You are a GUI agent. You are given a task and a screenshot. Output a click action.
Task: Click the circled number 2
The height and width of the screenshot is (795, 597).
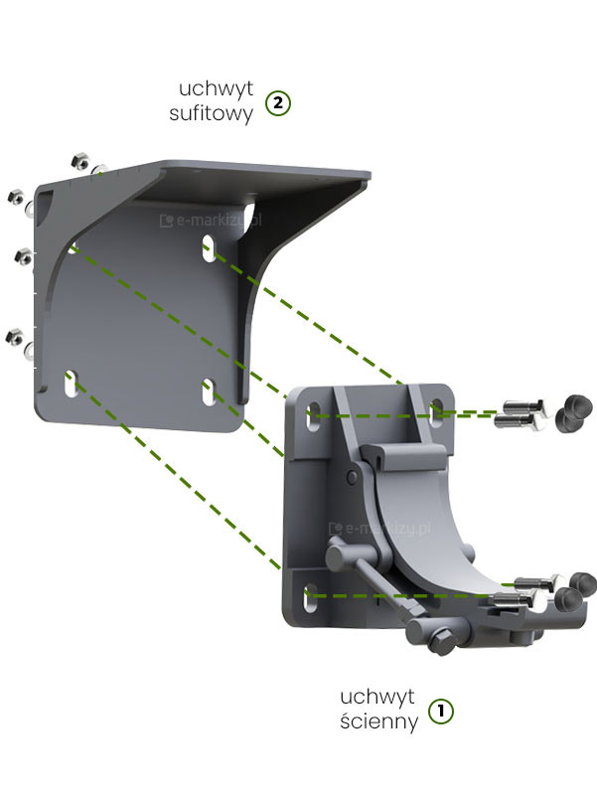click(278, 103)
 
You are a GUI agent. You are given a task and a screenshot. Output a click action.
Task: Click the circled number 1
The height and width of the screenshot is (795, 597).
click(441, 711)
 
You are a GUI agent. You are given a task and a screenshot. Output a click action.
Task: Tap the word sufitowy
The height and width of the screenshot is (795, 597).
click(211, 113)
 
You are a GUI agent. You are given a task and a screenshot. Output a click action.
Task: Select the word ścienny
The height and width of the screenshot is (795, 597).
click(379, 721)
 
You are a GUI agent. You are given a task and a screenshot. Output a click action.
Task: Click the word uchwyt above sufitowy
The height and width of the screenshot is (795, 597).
click(216, 88)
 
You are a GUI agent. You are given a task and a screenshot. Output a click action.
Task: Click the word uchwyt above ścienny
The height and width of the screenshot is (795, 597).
click(377, 697)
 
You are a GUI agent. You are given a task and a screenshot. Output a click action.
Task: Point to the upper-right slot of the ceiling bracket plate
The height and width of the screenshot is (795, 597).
click(209, 247)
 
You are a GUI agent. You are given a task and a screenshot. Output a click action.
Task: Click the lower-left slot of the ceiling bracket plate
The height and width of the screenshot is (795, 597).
click(71, 384)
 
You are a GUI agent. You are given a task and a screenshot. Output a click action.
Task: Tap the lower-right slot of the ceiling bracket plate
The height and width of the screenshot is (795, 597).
click(209, 392)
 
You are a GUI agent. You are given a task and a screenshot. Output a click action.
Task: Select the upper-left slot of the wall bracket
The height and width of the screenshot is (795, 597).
click(314, 416)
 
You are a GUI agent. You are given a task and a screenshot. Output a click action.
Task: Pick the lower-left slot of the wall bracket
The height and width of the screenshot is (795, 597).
click(310, 597)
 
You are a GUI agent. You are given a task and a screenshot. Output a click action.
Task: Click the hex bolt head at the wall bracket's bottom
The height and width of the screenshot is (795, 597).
click(441, 642)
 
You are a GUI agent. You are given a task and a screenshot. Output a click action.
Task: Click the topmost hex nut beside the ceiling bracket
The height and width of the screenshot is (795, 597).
click(79, 162)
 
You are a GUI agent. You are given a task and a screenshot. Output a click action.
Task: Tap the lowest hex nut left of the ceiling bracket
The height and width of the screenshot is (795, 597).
click(14, 337)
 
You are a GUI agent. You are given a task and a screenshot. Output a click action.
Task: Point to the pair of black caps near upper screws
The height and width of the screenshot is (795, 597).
click(574, 413)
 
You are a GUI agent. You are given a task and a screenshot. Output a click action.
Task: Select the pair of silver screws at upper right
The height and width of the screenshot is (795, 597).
click(521, 415)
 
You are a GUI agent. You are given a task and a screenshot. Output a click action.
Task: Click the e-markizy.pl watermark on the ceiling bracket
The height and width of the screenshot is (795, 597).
click(211, 220)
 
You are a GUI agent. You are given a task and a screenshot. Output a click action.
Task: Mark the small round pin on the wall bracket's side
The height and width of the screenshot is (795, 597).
click(352, 477)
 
